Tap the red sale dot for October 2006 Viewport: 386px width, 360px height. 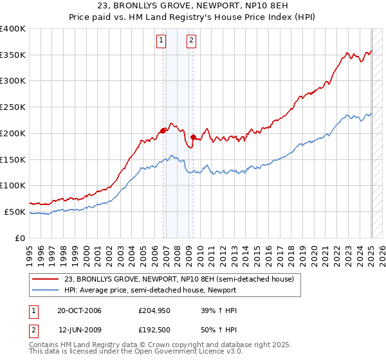click(163, 130)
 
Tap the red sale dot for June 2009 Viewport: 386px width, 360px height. click(193, 137)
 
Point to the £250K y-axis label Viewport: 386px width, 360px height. click(13, 107)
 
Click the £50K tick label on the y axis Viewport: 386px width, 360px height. click(15, 212)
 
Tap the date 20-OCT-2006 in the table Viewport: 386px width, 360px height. click(80, 310)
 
